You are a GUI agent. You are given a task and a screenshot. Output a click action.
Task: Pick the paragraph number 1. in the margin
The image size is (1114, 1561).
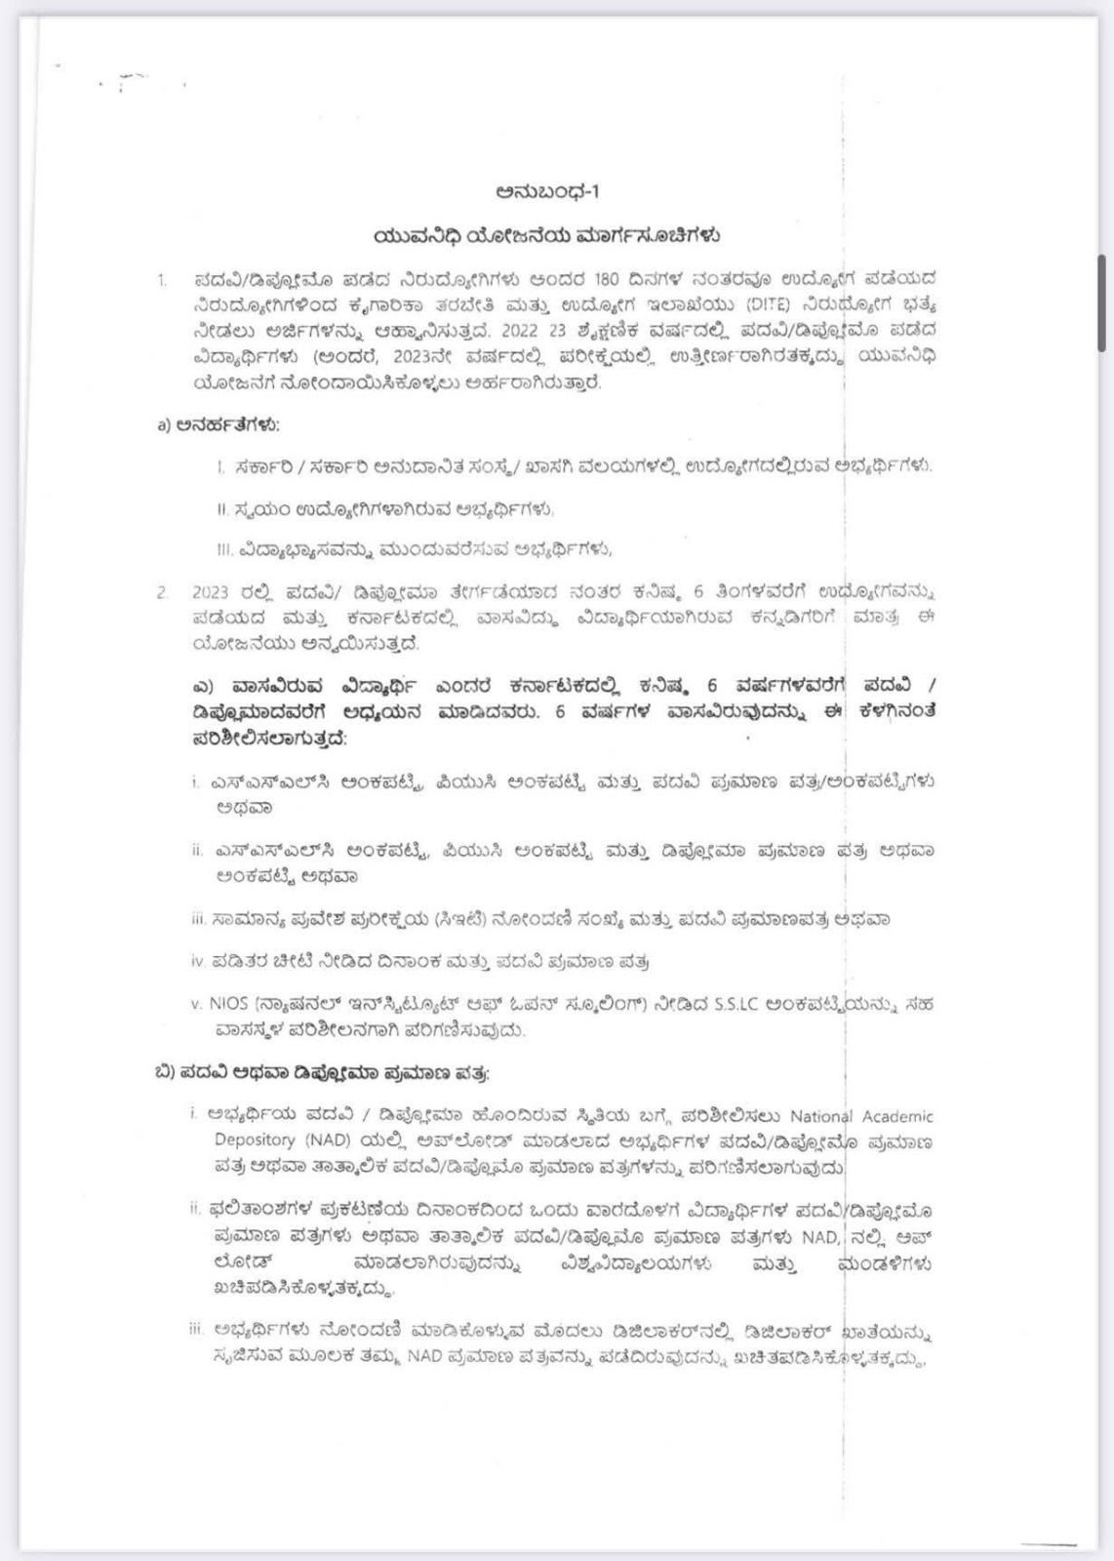pyautogui.click(x=162, y=281)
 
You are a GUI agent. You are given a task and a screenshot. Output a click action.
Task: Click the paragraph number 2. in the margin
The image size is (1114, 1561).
pyautogui.click(x=162, y=592)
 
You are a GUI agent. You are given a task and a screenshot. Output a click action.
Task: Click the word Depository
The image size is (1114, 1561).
pyautogui.click(x=255, y=1141)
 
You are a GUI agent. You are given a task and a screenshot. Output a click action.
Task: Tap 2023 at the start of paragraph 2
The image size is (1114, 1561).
pyautogui.click(x=210, y=592)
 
